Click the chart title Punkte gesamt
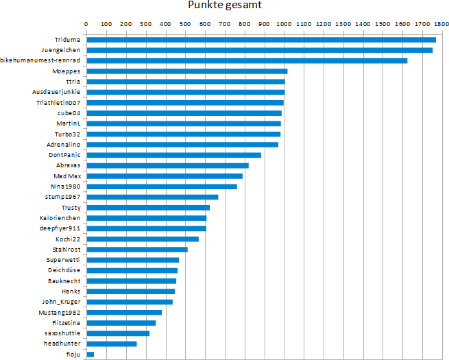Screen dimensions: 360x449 tap(224, 6)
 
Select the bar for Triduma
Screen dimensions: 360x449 tap(260, 39)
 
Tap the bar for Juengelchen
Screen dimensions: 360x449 tap(259, 50)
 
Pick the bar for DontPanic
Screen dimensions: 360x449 tap(173, 155)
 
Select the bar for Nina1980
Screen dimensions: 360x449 tap(161, 187)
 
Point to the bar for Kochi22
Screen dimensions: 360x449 tap(142, 239)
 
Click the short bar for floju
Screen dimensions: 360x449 tap(90, 354)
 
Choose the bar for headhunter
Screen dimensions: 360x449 tap(111, 344)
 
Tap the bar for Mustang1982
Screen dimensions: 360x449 tap(123, 312)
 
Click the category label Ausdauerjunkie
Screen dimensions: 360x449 tap(56, 92)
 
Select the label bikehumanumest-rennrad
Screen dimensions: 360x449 tap(41, 60)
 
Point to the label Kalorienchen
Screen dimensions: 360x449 tap(60, 218)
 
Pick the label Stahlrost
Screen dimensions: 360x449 tap(66, 250)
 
